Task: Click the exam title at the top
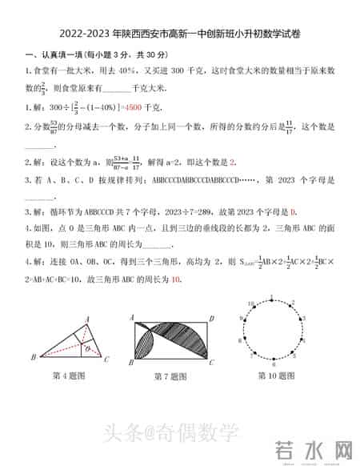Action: [180, 35]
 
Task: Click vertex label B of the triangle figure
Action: [33, 357]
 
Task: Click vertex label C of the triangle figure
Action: [107, 358]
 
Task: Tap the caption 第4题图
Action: [69, 376]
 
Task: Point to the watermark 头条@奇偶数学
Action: [170, 434]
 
